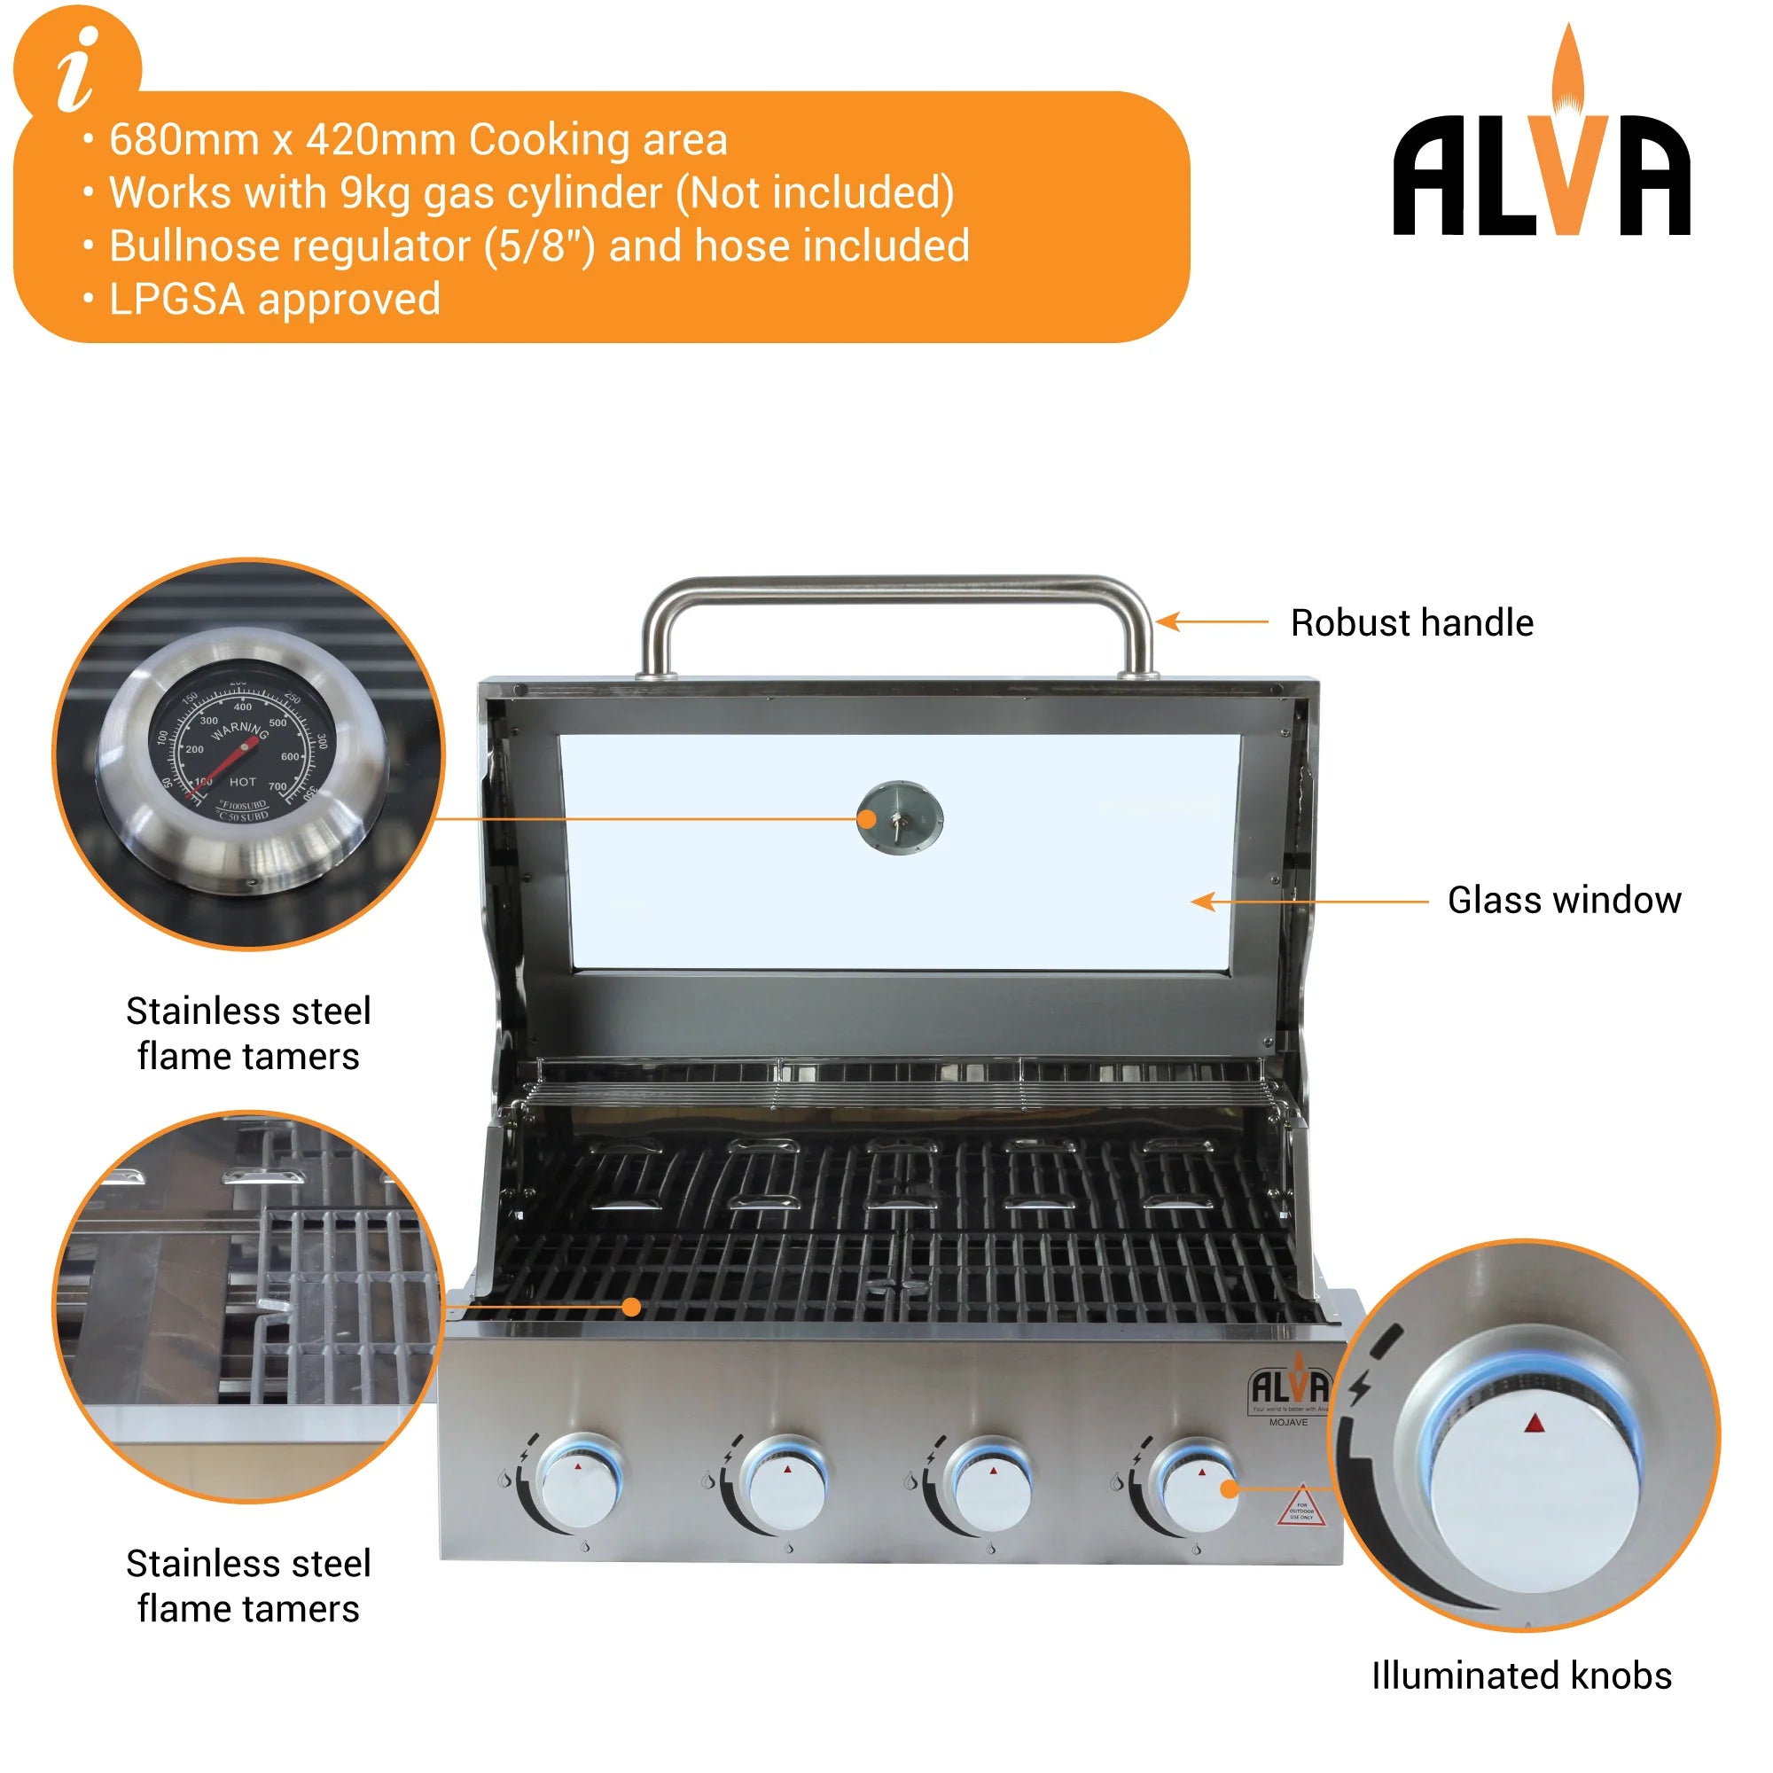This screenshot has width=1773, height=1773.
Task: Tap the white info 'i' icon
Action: click(x=77, y=69)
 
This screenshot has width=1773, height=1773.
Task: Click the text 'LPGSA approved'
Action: click(x=275, y=299)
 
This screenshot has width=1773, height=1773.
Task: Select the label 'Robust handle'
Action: click(x=1411, y=623)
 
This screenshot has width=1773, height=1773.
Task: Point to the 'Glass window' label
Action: click(x=1564, y=901)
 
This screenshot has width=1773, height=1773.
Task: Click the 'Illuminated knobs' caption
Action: click(x=1521, y=1675)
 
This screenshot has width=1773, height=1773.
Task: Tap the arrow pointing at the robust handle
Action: click(x=1211, y=622)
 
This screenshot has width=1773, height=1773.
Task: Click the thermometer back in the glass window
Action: click(x=899, y=817)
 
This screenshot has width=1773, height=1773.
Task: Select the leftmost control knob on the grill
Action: click(x=579, y=1487)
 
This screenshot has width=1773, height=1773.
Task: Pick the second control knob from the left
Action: click(x=786, y=1488)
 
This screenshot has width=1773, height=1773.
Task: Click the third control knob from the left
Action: click(x=992, y=1488)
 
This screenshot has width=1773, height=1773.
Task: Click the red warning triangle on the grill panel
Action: click(x=1301, y=1508)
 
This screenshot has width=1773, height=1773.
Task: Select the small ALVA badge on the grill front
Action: click(x=1289, y=1388)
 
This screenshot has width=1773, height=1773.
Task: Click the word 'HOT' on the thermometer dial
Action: click(x=242, y=782)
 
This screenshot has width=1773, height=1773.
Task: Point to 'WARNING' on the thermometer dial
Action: click(x=239, y=731)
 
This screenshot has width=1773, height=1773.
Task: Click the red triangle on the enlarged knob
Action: click(x=1535, y=1425)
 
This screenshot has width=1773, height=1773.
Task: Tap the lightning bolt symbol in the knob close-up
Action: click(x=1359, y=1386)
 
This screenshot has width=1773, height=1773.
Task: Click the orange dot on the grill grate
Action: click(x=631, y=1307)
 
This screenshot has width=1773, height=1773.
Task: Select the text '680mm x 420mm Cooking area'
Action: click(x=418, y=140)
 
